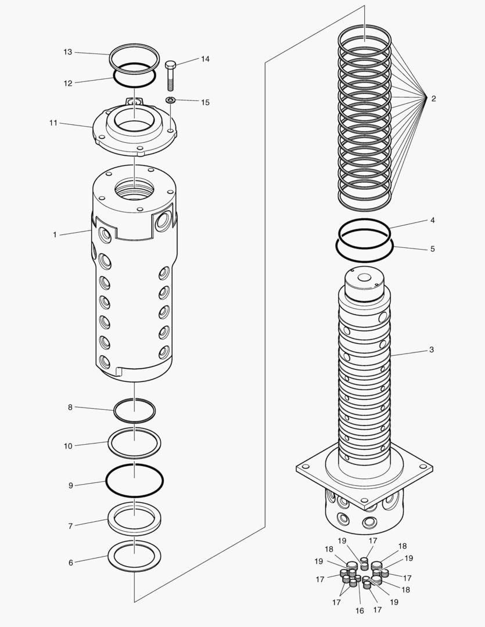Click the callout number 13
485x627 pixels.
coord(68,52)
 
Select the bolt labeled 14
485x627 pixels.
coord(171,75)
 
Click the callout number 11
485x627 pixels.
coord(53,123)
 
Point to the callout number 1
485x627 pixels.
coord(55,235)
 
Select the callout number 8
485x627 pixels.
coord(70,408)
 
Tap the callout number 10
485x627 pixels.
coord(68,446)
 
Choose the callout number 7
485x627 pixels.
coord(70,526)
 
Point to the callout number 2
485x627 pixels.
coord(433,99)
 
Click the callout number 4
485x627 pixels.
coord(432,221)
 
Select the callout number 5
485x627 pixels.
coord(432,249)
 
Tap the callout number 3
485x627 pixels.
coord(432,350)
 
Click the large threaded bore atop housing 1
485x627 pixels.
coord(135,189)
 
